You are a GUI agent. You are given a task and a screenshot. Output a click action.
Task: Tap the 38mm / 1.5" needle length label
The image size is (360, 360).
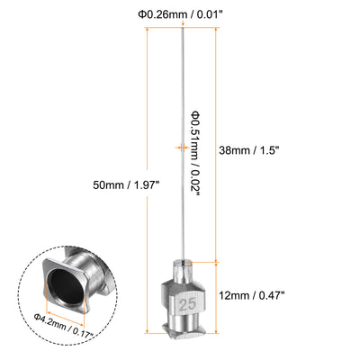(x=249, y=150)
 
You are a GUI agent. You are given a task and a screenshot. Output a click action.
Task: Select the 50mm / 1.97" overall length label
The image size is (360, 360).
(x=125, y=184)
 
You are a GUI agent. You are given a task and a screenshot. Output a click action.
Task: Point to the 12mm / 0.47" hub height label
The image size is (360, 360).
(x=251, y=296)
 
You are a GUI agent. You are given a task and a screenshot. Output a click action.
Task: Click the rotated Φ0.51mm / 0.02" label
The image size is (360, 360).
(x=196, y=154)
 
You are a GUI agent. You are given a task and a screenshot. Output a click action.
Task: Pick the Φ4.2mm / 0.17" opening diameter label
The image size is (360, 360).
(x=64, y=325)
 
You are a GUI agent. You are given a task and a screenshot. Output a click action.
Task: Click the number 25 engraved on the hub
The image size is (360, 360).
(x=187, y=305)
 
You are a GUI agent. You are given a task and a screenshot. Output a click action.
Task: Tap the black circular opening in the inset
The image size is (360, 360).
(x=67, y=286)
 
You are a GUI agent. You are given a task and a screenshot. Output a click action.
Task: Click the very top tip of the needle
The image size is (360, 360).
(x=182, y=28)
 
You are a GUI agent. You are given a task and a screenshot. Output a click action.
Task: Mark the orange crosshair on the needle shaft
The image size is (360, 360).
(x=183, y=147)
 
